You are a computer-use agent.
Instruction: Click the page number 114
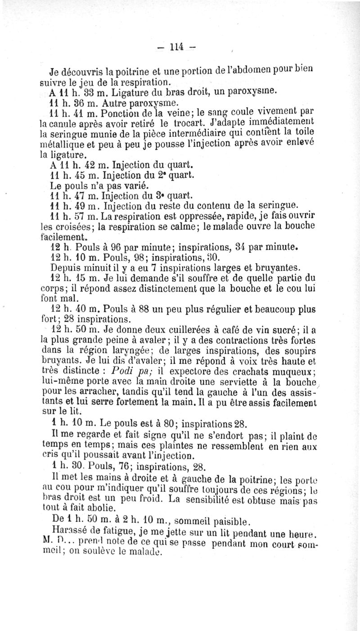[x=179, y=46]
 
